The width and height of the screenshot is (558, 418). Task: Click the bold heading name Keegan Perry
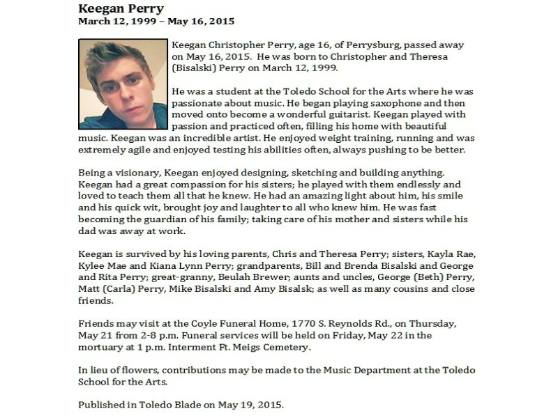(x=121, y=8)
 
